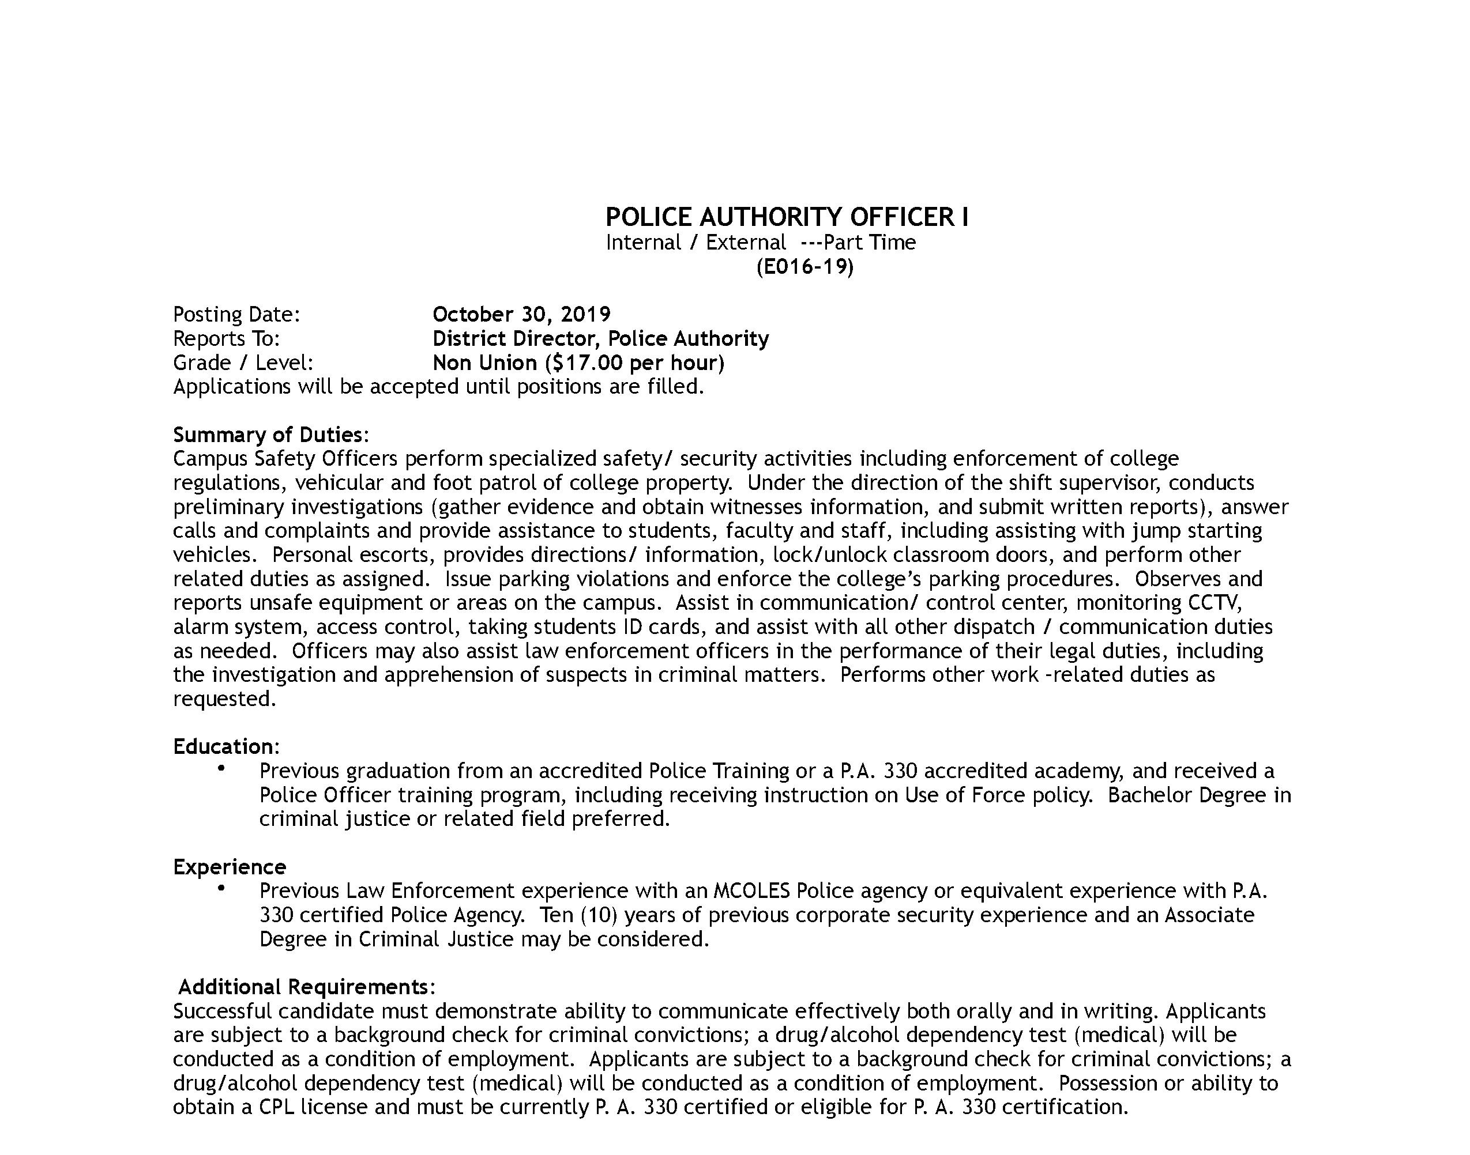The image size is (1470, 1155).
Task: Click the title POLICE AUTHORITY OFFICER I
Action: click(786, 217)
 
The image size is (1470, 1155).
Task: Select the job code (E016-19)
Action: click(804, 267)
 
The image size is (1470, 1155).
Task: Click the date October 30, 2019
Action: click(521, 315)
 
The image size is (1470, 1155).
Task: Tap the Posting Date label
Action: click(236, 315)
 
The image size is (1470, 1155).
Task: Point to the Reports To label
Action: click(226, 338)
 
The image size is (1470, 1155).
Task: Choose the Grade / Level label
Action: click(243, 363)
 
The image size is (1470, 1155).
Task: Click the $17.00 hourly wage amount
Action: click(587, 363)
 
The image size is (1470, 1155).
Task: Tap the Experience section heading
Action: click(230, 867)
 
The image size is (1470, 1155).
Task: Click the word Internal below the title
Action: click(642, 242)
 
